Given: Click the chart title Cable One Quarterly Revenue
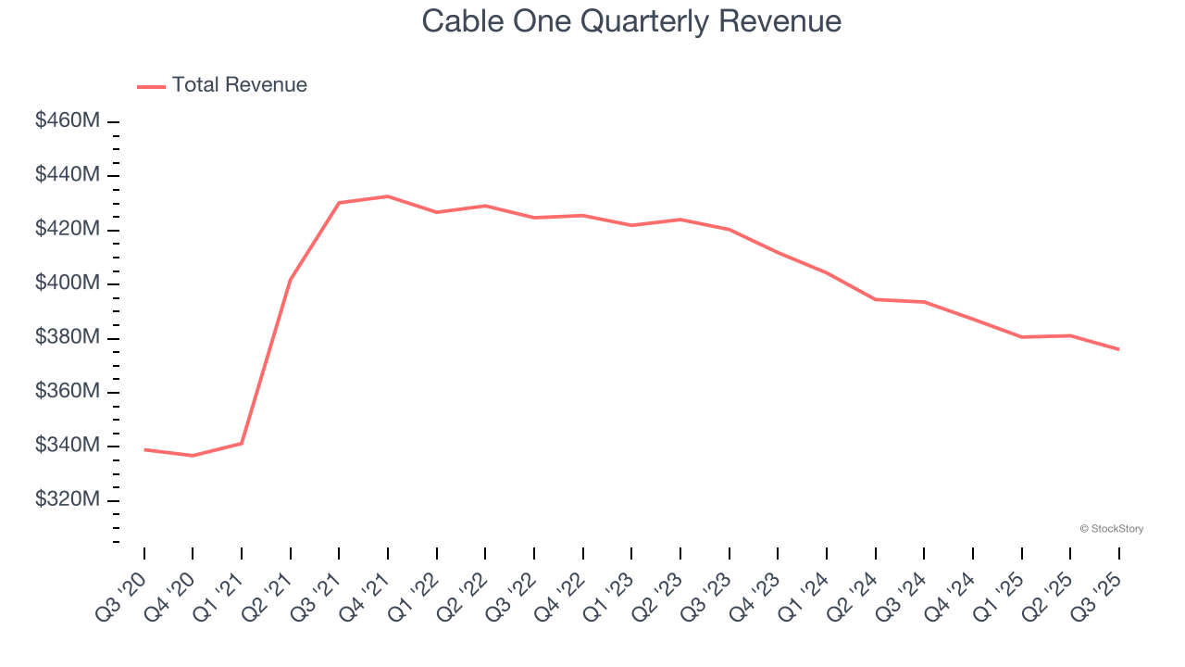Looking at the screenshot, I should [631, 21].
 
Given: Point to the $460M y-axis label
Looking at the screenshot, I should [68, 120].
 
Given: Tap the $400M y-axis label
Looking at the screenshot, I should [68, 283].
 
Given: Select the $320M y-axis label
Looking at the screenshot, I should [68, 500].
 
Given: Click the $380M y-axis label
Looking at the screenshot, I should [68, 337].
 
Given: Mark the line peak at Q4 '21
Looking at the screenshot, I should [388, 196].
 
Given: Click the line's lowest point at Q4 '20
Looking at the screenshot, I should [193, 456].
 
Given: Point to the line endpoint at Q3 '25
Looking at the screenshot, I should [1118, 349].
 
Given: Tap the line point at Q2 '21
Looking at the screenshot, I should [291, 279].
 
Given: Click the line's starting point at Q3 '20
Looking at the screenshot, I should [144, 449].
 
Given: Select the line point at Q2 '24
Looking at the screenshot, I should [875, 299].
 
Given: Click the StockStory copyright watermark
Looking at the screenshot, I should [1111, 529].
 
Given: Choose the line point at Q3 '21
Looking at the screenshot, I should [339, 202].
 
